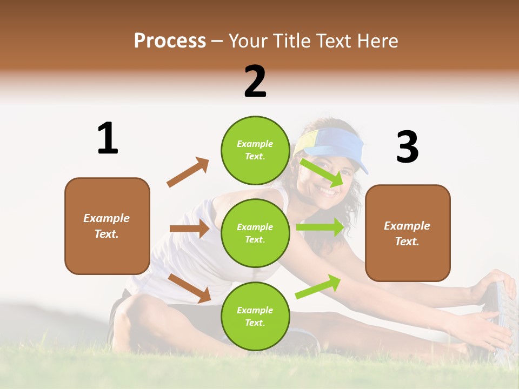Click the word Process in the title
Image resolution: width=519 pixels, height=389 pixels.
click(x=170, y=41)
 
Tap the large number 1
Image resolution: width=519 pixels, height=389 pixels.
click(x=108, y=139)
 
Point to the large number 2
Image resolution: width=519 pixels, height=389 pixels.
click(x=255, y=82)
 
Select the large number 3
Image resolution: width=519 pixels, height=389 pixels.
click(x=407, y=147)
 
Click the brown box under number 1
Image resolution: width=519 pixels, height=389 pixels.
click(x=107, y=226)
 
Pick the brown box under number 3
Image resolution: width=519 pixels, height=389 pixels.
click(x=408, y=233)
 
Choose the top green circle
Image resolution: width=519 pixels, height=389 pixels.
click(x=255, y=150)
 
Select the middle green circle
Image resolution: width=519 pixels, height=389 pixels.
click(x=255, y=233)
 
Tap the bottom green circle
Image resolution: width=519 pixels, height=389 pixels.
click(x=255, y=316)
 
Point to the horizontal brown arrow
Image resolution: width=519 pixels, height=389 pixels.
click(x=189, y=229)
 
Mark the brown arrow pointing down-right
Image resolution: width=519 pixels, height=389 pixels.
click(x=189, y=288)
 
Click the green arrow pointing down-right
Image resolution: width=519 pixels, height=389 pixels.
click(x=322, y=172)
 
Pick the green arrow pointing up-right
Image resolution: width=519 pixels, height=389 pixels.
click(x=318, y=286)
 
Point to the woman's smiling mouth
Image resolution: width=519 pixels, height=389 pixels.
click(x=327, y=191)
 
